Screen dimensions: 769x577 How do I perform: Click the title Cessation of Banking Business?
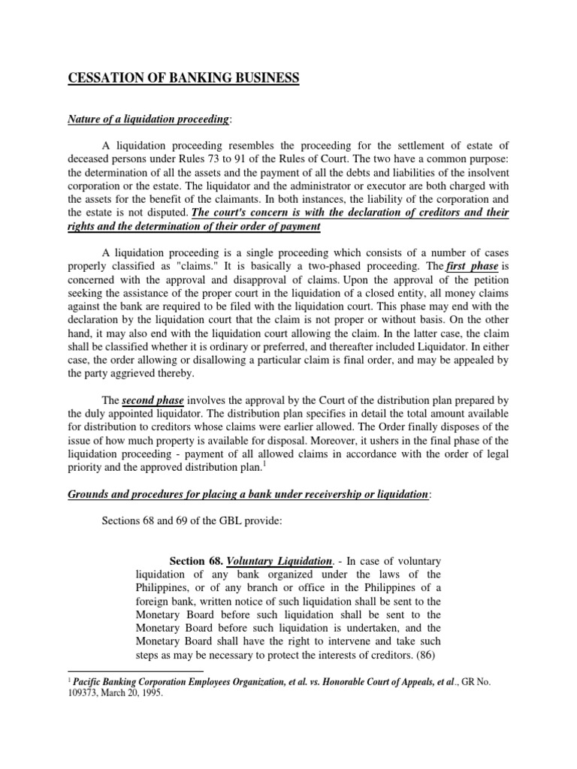183,78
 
